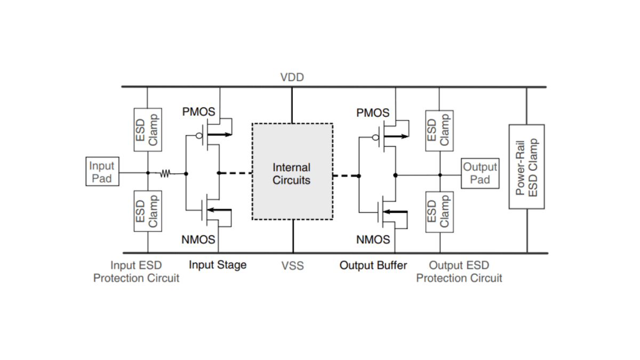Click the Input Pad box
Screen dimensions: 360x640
click(x=101, y=172)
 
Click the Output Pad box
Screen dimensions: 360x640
click(x=480, y=173)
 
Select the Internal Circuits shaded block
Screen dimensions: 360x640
click(x=292, y=172)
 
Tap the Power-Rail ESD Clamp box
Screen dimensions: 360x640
click(x=526, y=167)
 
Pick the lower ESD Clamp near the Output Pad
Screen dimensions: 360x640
click(x=439, y=212)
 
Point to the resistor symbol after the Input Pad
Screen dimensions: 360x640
click(x=165, y=173)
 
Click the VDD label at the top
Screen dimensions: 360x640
click(x=292, y=77)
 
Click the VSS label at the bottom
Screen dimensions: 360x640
click(x=292, y=265)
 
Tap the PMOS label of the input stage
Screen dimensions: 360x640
click(x=198, y=113)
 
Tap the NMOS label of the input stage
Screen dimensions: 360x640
click(x=198, y=239)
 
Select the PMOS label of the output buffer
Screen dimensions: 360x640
click(x=373, y=113)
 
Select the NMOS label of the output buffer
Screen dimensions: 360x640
click(x=373, y=239)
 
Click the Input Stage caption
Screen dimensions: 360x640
click(x=218, y=265)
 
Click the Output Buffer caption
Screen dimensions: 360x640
click(x=373, y=265)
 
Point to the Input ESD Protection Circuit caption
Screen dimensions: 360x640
click(x=136, y=271)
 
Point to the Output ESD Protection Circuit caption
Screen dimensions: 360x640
click(x=459, y=271)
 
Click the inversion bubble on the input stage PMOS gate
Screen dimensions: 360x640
click(x=199, y=135)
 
